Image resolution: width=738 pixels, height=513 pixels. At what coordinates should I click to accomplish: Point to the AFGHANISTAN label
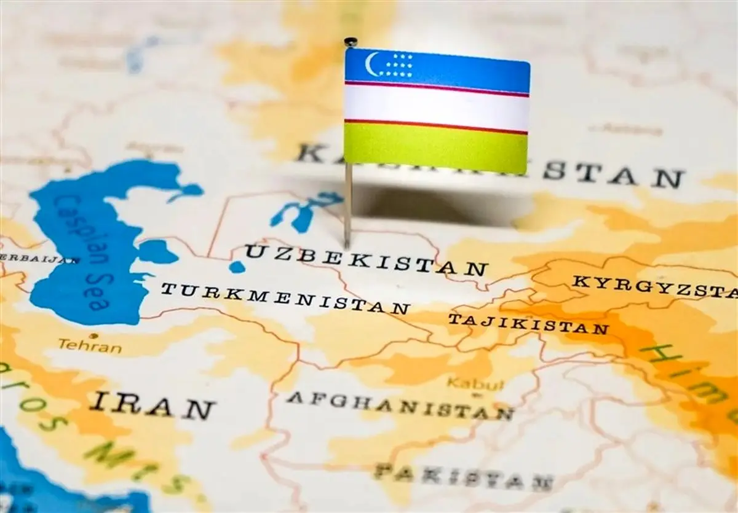point(400,405)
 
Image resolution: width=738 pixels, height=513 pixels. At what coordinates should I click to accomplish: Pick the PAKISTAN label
point(464,477)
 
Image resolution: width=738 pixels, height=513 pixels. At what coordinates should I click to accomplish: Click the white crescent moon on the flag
point(371,63)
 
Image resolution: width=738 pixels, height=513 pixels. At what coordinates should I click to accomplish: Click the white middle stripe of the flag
point(435,108)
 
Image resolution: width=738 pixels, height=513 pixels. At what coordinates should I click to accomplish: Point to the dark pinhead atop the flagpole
point(350,42)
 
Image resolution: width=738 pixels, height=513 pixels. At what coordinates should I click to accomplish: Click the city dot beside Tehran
point(93,336)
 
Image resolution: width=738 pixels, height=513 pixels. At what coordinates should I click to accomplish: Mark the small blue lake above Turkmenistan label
point(237,267)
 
